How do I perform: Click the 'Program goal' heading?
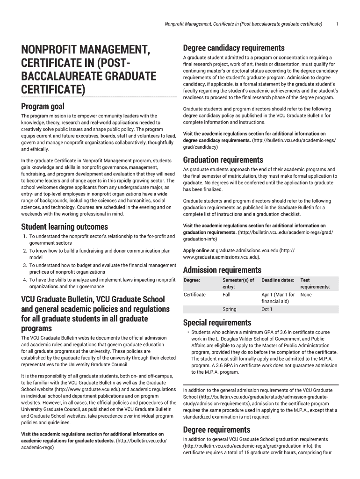tap(43, 107)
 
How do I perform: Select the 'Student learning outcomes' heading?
tap(65, 227)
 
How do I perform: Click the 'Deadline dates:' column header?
tap(278, 280)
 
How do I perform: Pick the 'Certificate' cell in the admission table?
tap(194, 295)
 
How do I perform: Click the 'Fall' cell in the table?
tap(227, 295)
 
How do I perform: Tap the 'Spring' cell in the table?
tap(230, 309)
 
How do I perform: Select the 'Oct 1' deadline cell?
tap(266, 309)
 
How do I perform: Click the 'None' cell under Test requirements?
tap(306, 295)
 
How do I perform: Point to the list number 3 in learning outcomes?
tap(24, 265)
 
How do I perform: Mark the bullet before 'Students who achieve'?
tap(188, 333)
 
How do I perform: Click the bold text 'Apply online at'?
tap(199, 250)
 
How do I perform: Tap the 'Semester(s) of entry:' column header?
tap(238, 283)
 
